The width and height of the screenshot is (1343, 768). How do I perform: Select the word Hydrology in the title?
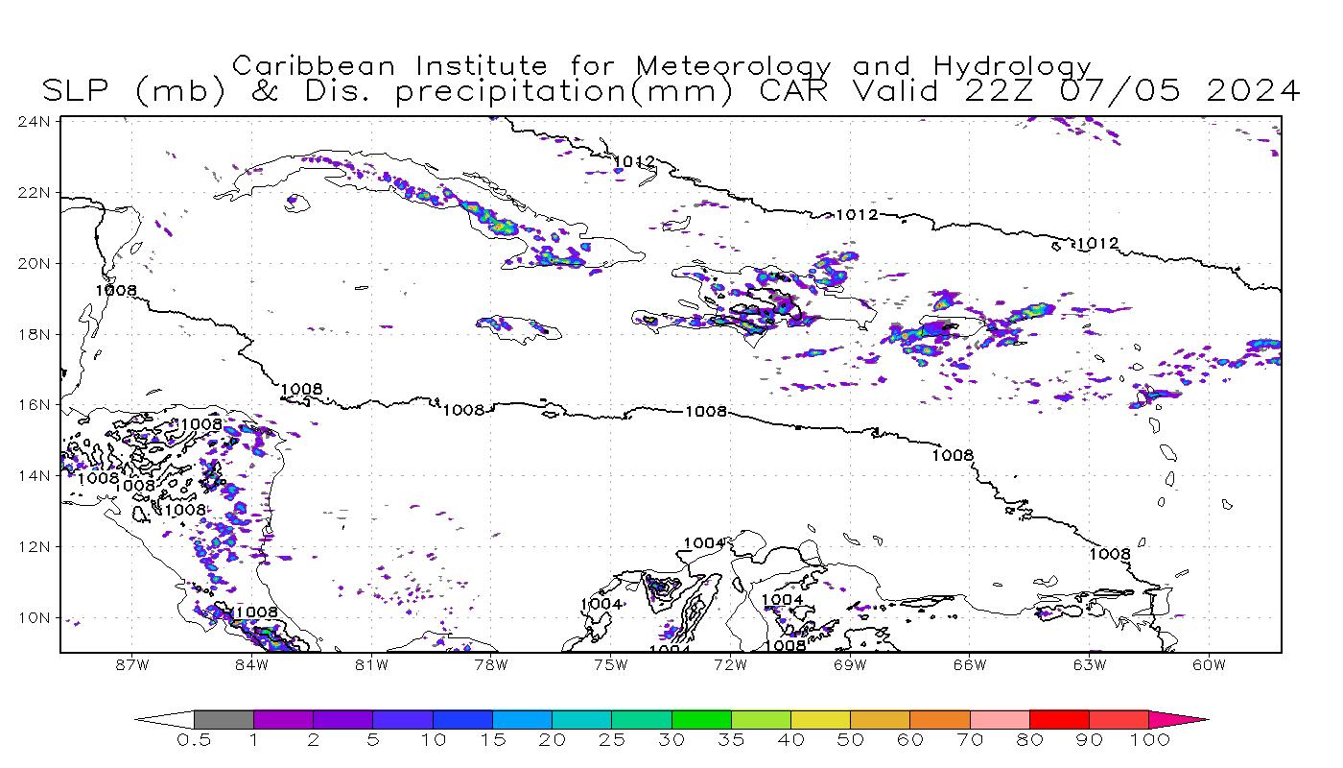1012,67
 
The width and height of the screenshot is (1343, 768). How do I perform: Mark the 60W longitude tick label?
1209,664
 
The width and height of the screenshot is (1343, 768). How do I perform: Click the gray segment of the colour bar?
224,719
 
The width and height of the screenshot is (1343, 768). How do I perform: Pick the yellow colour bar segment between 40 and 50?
820,719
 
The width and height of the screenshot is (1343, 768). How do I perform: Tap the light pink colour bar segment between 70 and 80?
999,719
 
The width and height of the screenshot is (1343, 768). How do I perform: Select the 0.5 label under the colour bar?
193,740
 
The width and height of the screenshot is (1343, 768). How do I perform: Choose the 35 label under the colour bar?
731,740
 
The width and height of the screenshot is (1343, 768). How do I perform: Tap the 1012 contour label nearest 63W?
1096,244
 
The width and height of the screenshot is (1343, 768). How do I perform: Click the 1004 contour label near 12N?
703,543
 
